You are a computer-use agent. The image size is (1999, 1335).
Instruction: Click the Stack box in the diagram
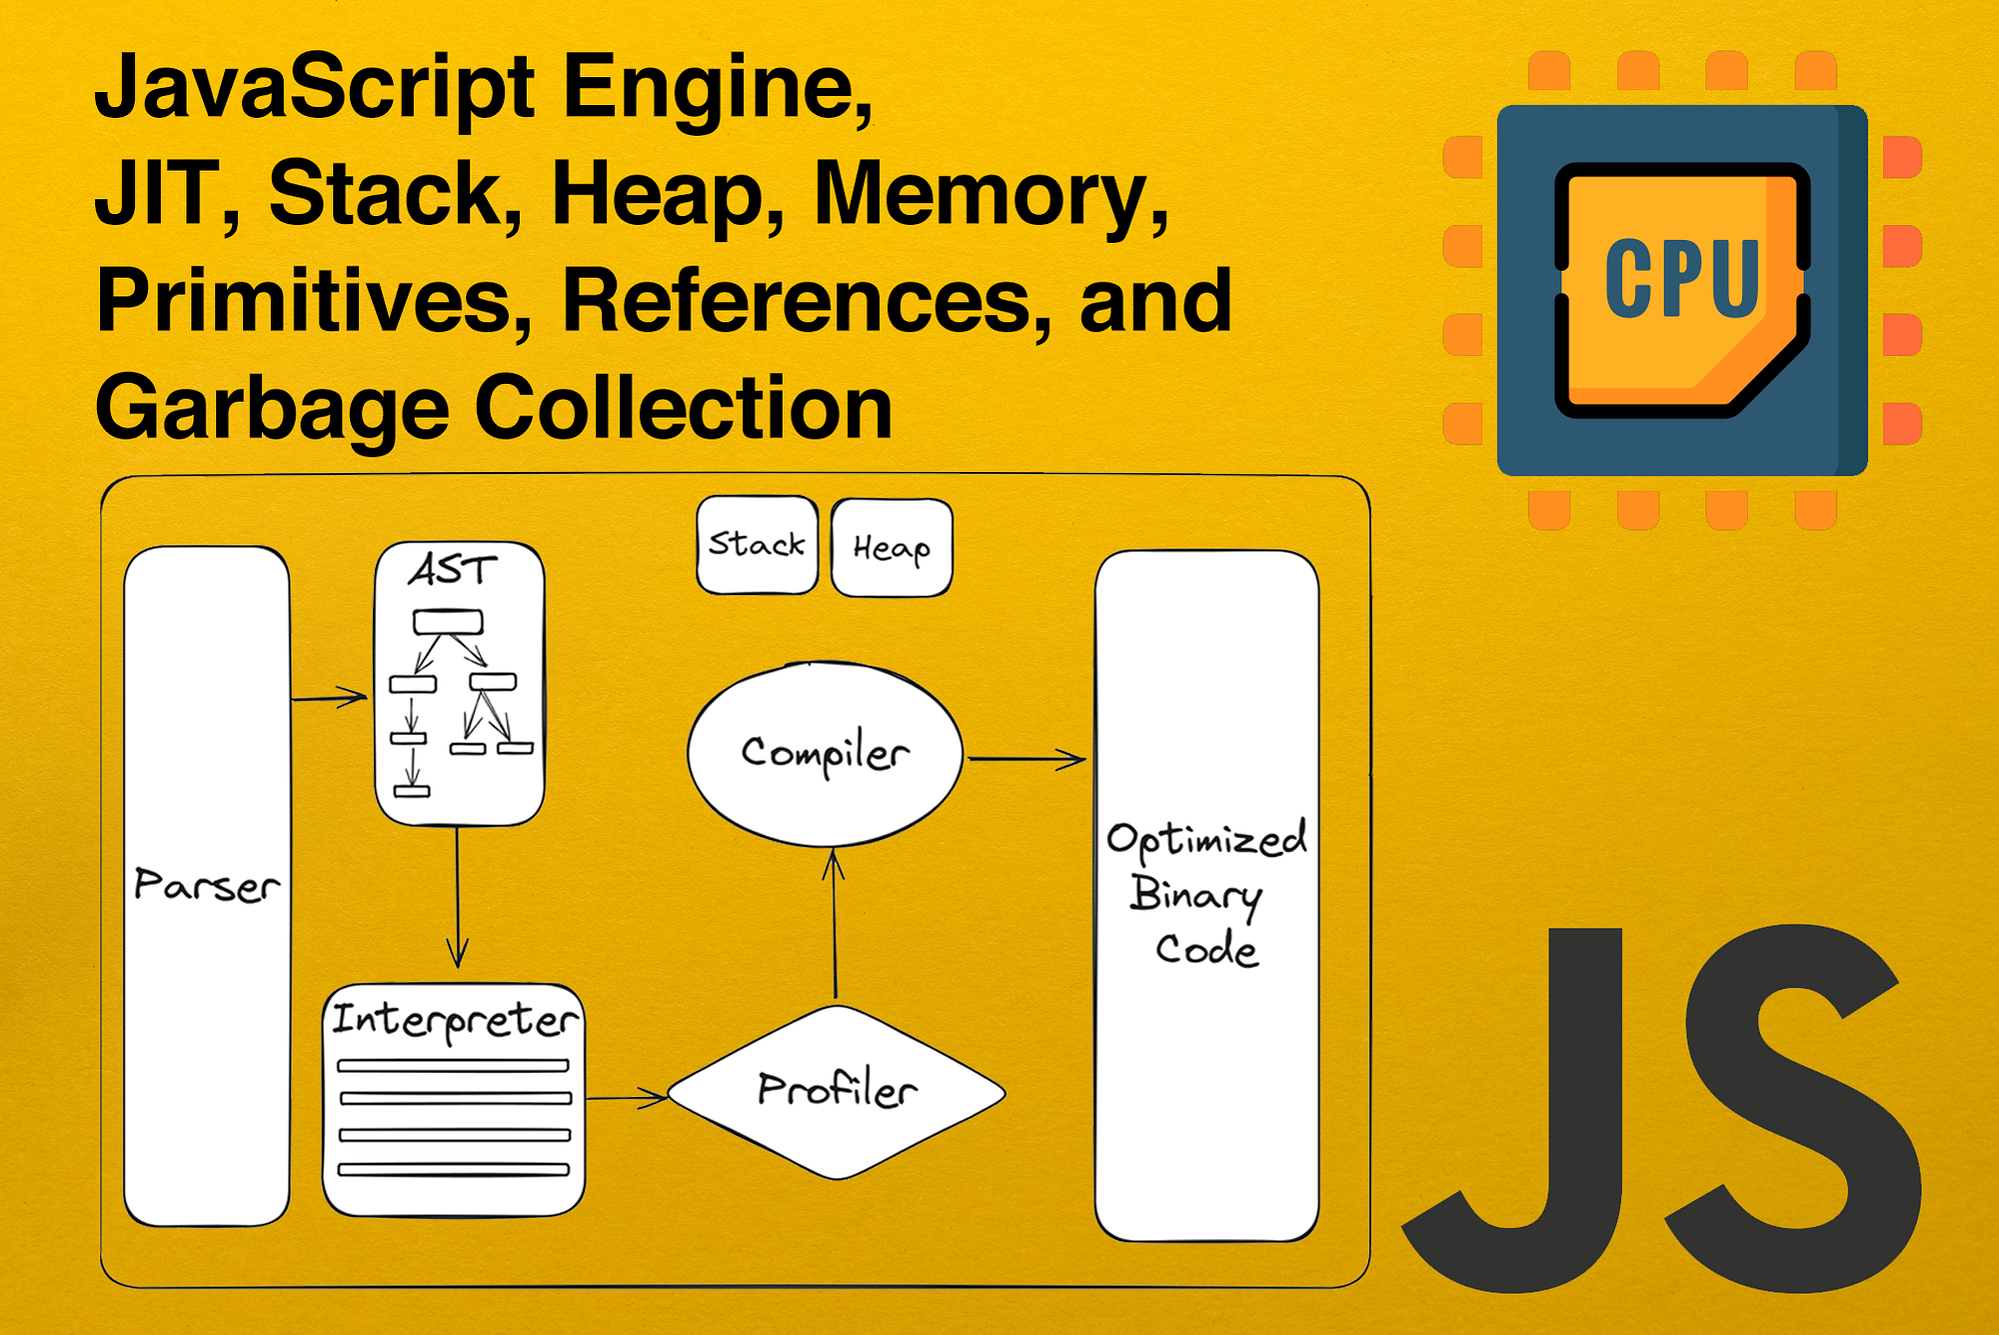click(x=757, y=545)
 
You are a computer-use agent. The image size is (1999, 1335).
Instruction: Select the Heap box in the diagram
click(x=892, y=548)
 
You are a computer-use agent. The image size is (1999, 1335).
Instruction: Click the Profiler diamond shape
click(x=837, y=1091)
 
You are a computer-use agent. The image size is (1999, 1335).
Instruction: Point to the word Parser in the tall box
click(x=207, y=886)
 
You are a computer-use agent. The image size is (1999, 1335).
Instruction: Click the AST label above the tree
click(x=452, y=570)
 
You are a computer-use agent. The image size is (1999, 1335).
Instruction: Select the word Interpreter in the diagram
click(x=455, y=1020)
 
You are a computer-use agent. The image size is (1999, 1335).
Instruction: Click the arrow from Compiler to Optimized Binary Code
click(x=1027, y=760)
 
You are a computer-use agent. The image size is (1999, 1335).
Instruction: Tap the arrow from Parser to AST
click(x=330, y=697)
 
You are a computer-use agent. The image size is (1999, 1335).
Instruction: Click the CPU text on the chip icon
click(x=1682, y=279)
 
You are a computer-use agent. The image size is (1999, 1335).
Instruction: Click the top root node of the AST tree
click(x=448, y=622)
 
